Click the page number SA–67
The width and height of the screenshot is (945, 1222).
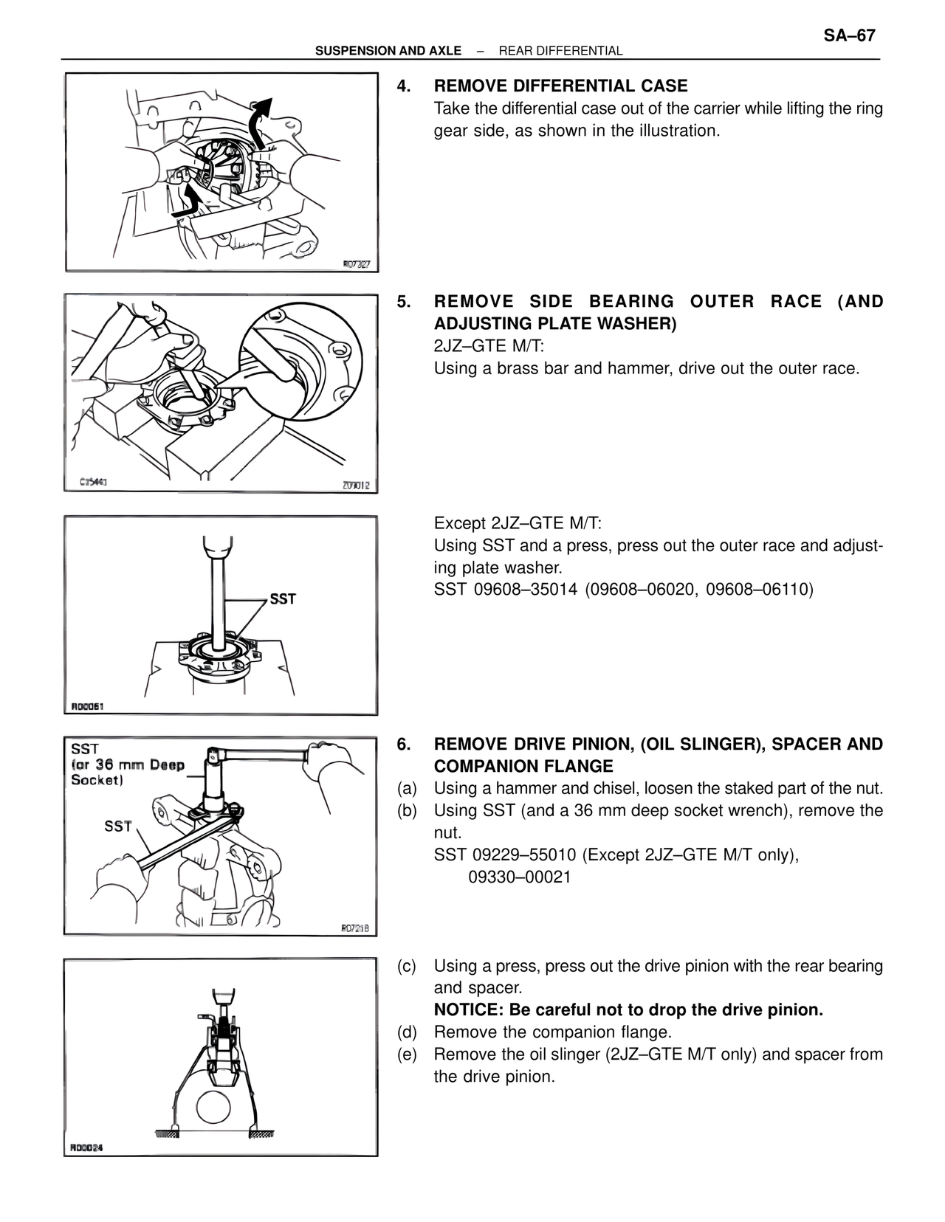[x=849, y=35]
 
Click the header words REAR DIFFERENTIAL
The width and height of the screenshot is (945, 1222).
[x=560, y=51]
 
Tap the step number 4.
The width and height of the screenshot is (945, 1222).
[x=403, y=86]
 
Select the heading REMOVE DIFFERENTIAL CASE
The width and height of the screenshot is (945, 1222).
[x=560, y=86]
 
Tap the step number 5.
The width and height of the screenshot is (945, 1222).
[x=403, y=302]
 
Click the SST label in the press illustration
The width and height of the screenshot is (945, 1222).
[x=282, y=599]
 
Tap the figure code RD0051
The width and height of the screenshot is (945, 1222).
[x=87, y=706]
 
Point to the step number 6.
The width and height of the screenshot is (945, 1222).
[x=403, y=745]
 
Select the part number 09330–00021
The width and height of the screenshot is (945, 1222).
[x=520, y=877]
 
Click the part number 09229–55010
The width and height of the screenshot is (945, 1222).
[x=524, y=855]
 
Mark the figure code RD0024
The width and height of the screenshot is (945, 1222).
[x=86, y=1147]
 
